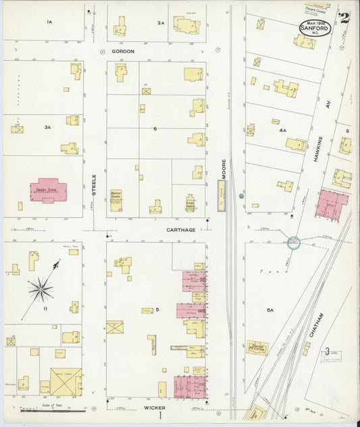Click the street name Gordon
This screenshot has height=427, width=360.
tap(123, 51)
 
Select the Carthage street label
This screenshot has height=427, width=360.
tap(181, 230)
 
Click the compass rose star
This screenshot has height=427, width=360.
tap(41, 290)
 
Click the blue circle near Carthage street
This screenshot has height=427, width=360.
tap(294, 242)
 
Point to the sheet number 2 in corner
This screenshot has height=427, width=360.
tap(344, 18)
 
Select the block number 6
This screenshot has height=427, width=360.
tap(155, 128)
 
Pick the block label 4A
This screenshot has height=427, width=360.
tap(282, 130)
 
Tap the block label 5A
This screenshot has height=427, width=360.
tap(269, 310)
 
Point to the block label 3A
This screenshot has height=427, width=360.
tap(47, 127)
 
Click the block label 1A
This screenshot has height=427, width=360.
tap(49, 22)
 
